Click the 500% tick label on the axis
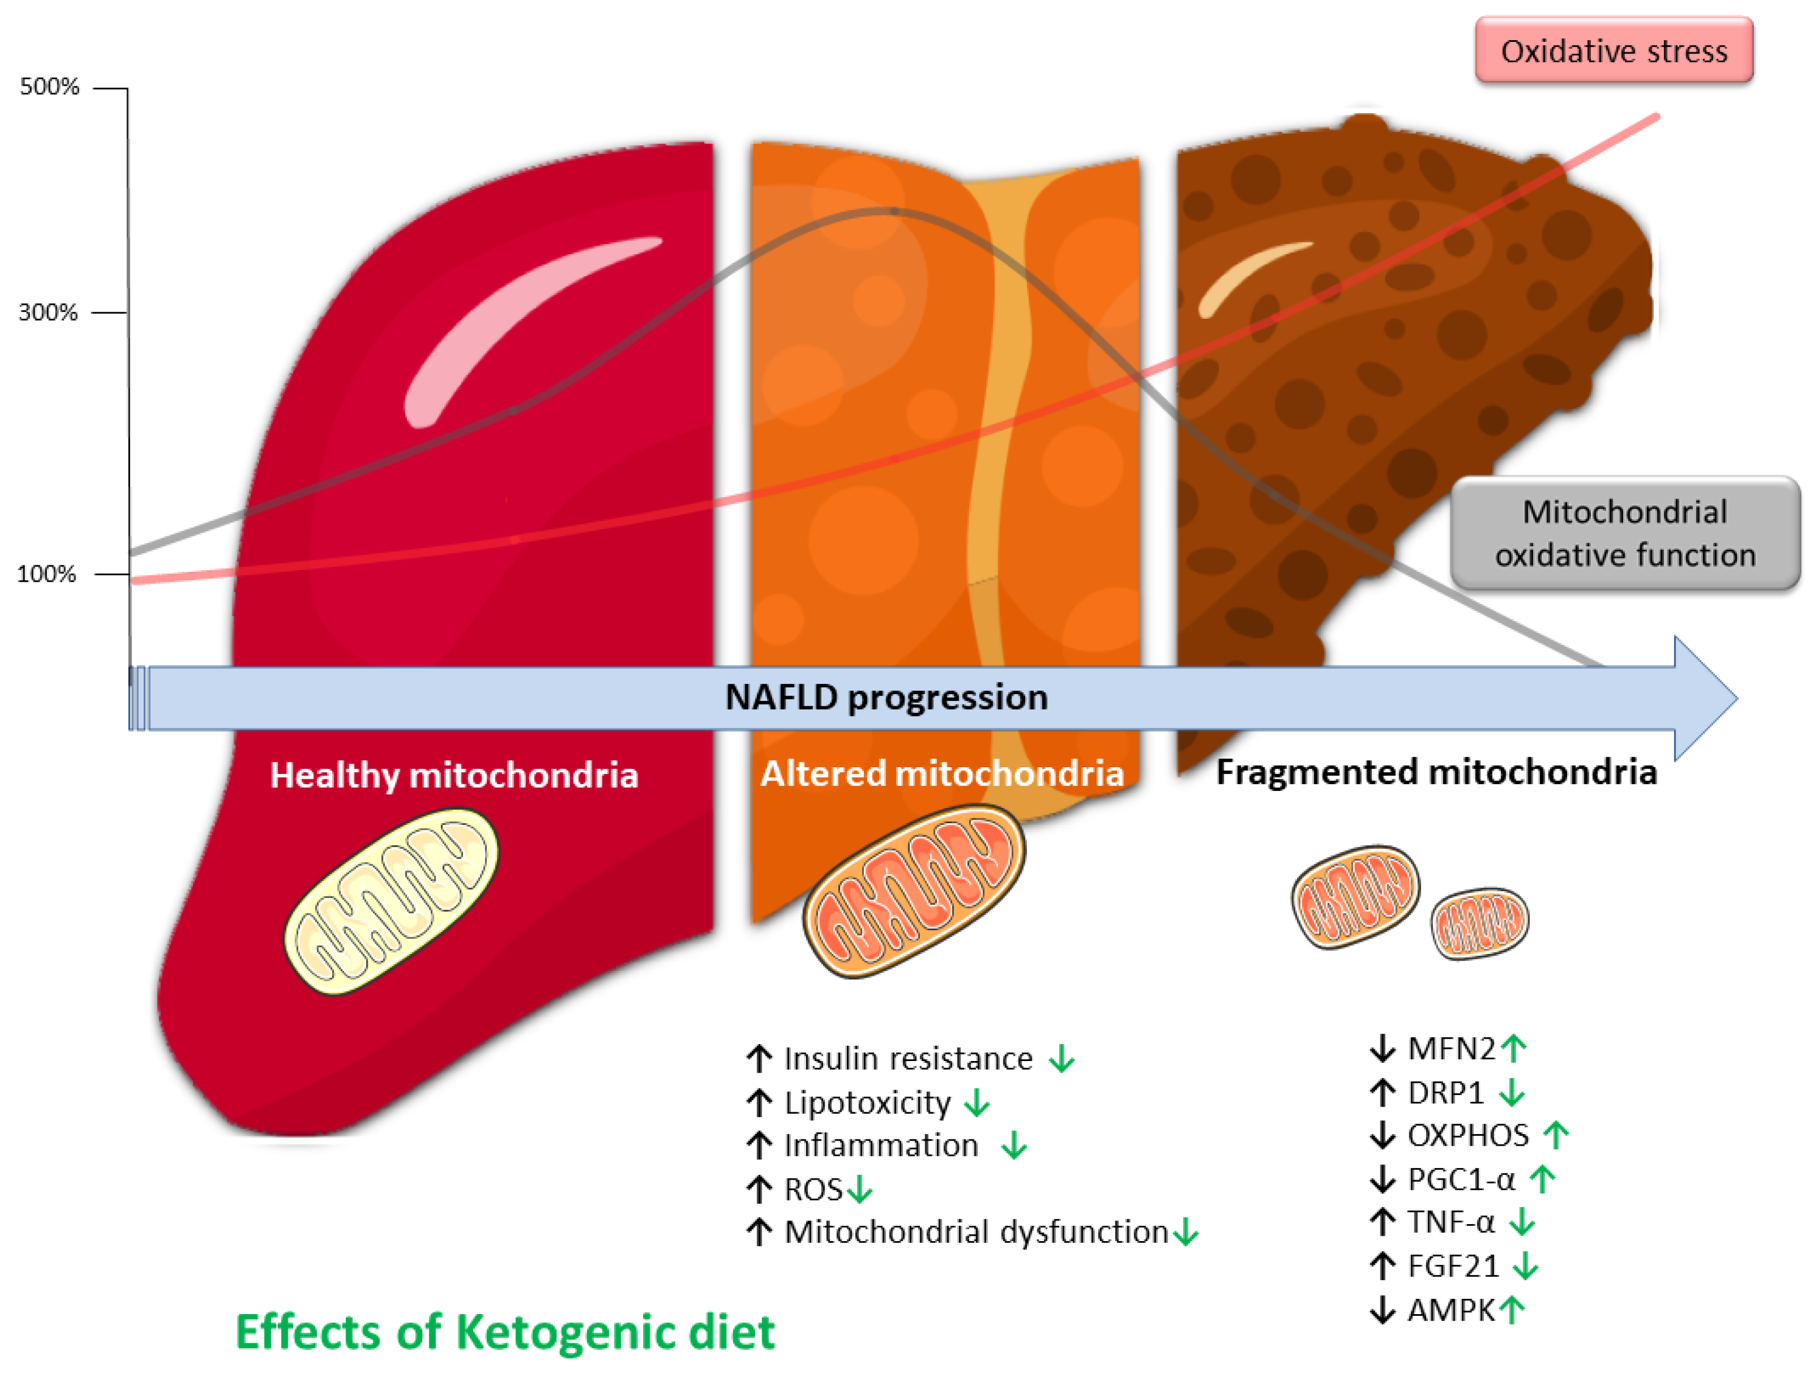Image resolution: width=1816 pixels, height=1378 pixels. pyautogui.click(x=49, y=86)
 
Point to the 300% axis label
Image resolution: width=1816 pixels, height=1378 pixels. pyautogui.click(x=47, y=312)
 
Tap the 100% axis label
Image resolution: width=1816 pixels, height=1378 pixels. pyautogui.click(x=46, y=573)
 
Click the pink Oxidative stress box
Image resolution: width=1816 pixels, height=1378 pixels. pyautogui.click(x=1613, y=51)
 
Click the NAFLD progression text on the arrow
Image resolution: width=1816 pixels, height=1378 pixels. pyautogui.click(x=886, y=697)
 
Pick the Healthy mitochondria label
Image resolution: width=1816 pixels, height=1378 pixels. pyautogui.click(x=454, y=775)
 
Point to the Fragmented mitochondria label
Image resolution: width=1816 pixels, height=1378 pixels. pyautogui.click(x=1436, y=772)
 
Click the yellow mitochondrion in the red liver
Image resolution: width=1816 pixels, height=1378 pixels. pyautogui.click(x=391, y=901)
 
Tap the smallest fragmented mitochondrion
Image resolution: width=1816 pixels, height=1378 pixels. pyautogui.click(x=1480, y=923)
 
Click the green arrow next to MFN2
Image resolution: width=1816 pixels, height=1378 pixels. pyautogui.click(x=1513, y=1048)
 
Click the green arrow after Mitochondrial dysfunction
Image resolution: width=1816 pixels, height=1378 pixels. pyautogui.click(x=1186, y=1233)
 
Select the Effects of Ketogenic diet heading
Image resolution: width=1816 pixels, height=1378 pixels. pyautogui.click(x=505, y=1331)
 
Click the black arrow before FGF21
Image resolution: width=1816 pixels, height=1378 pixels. pyautogui.click(x=1382, y=1265)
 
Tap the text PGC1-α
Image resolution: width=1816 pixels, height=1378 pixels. pyautogui.click(x=1461, y=1179)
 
